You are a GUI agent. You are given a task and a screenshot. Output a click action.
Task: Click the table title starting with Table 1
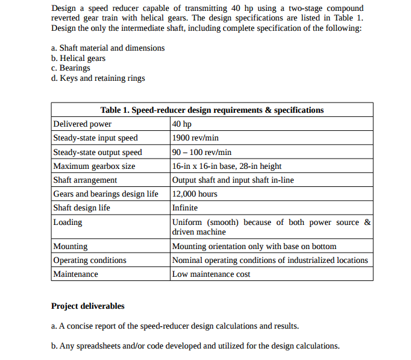click(x=212, y=110)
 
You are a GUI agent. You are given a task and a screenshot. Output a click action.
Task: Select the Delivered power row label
click(x=83, y=124)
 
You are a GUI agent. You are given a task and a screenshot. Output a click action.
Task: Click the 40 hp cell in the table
click(x=182, y=124)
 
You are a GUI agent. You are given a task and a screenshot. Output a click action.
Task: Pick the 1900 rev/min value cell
click(x=195, y=138)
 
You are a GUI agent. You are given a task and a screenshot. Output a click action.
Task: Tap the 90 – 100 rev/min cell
click(x=202, y=152)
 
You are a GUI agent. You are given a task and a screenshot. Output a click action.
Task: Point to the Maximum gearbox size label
click(x=94, y=166)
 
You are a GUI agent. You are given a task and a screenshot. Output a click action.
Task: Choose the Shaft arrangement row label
click(x=85, y=180)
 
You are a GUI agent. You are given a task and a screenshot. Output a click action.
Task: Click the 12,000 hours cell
click(x=195, y=194)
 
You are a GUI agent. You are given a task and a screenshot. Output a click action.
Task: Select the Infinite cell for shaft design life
click(x=185, y=208)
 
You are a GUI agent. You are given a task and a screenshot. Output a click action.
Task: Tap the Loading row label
click(x=67, y=222)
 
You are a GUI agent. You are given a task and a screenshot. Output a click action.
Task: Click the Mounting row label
click(x=71, y=246)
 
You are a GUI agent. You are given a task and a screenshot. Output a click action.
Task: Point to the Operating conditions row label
click(x=90, y=261)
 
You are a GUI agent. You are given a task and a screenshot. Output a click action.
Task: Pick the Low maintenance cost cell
click(x=211, y=274)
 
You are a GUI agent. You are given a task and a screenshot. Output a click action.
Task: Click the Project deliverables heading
click(x=88, y=306)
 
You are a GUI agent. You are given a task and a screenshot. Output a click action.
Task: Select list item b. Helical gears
click(x=78, y=58)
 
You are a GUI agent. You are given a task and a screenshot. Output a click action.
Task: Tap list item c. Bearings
click(x=71, y=68)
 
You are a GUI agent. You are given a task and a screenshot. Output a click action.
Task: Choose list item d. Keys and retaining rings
click(x=98, y=78)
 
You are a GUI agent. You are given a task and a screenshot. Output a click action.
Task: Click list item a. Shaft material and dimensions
click(x=108, y=48)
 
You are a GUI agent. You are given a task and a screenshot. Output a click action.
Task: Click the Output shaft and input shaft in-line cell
click(x=233, y=180)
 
